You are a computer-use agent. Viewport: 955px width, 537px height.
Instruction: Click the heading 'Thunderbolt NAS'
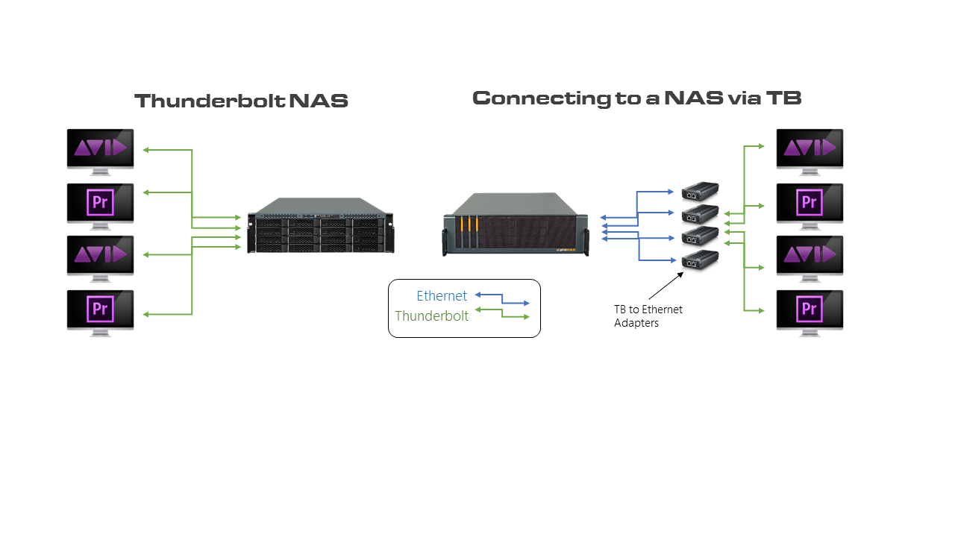[x=241, y=101]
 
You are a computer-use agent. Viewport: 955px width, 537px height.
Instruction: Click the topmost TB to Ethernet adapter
[x=701, y=192]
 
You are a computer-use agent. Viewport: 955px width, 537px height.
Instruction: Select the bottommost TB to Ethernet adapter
[x=701, y=260]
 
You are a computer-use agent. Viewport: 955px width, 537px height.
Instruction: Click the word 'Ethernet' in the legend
[x=442, y=296]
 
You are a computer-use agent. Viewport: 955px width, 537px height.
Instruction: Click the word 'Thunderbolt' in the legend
[x=431, y=316]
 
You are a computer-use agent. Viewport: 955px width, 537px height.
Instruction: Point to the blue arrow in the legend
[x=502, y=299]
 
